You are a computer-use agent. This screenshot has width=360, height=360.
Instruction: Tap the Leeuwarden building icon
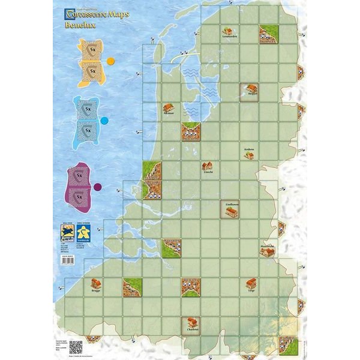point(227,31)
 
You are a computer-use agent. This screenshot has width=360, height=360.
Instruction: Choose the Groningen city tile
point(268,34)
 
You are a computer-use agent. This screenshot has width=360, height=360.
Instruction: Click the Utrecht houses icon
point(208,166)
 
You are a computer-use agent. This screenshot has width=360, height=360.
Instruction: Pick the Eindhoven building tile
point(229,208)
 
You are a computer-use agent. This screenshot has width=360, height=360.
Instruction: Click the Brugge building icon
point(94,284)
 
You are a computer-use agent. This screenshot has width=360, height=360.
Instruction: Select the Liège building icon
point(251,286)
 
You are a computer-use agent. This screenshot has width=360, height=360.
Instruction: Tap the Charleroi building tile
point(191,325)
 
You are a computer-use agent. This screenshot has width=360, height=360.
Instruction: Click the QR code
point(76,347)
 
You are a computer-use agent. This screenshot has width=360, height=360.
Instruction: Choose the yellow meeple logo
point(88,232)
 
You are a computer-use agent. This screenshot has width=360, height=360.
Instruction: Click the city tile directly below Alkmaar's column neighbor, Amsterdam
point(191,131)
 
